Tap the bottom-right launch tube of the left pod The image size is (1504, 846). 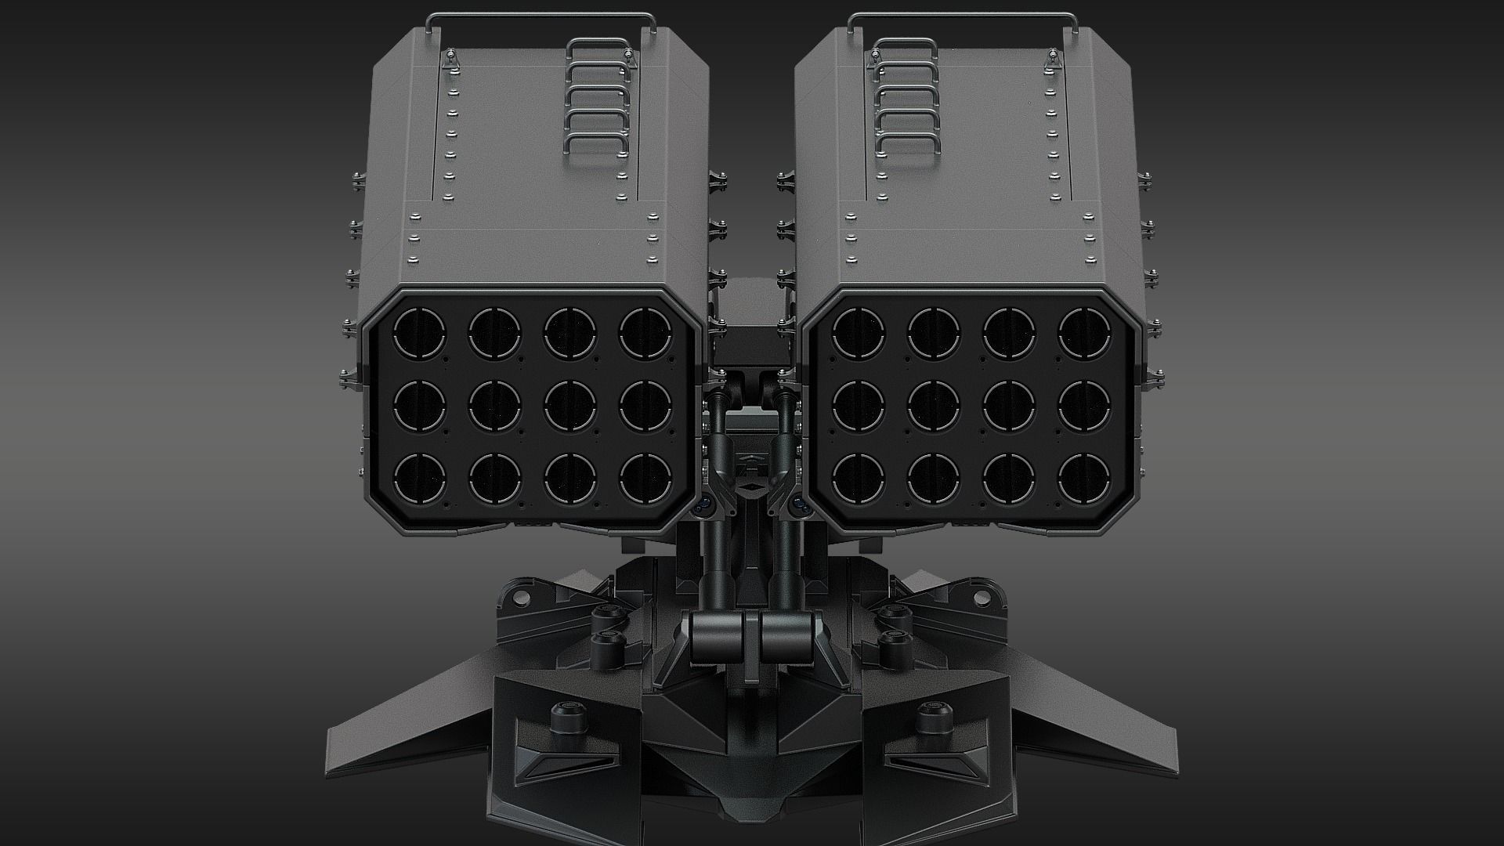tap(645, 478)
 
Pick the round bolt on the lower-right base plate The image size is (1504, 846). tap(932, 717)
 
